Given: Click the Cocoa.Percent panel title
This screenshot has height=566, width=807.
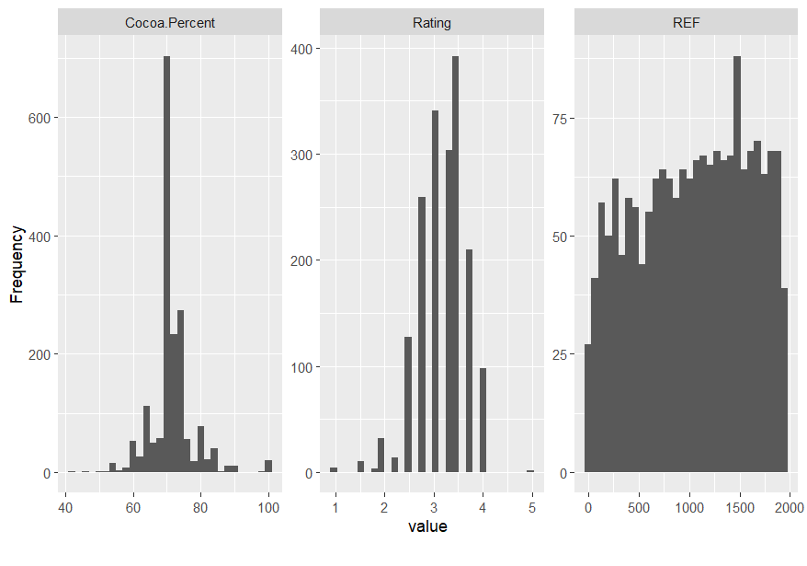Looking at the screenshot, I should [169, 22].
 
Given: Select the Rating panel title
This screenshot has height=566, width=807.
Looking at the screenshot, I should [432, 22].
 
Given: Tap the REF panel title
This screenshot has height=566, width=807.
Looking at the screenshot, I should [686, 22].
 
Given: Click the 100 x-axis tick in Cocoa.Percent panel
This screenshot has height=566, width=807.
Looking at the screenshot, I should [268, 507].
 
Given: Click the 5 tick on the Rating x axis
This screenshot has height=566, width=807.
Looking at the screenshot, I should [531, 507].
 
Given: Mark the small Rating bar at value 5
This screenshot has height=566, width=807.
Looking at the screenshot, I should [530, 471].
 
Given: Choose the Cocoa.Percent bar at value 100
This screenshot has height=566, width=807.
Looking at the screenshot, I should [268, 467].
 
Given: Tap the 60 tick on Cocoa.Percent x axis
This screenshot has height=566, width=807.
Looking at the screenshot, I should [133, 507].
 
